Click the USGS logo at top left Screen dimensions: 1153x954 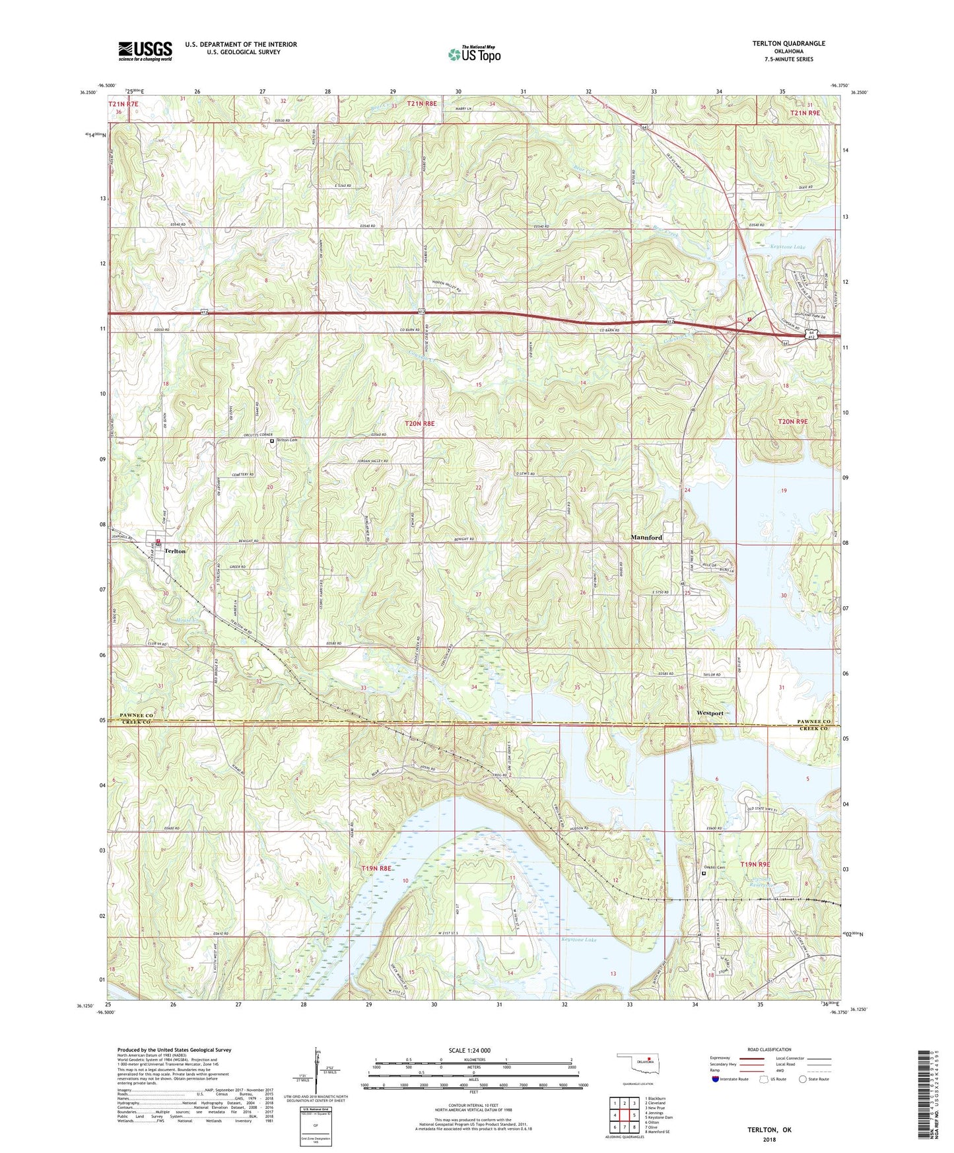[x=145, y=51]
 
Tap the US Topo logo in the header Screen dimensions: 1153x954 [x=473, y=54]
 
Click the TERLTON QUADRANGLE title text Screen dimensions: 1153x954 [x=788, y=44]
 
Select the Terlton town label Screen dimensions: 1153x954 [x=175, y=551]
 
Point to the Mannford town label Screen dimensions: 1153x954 [x=646, y=538]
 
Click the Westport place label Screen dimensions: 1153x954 [x=710, y=713]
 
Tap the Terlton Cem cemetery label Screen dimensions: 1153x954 [x=287, y=440]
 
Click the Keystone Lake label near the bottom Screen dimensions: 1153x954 [x=578, y=940]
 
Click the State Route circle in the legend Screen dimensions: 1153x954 [x=803, y=1079]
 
